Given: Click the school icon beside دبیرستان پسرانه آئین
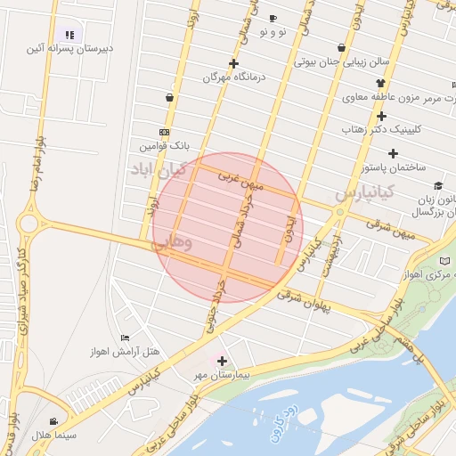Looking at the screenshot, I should click(70, 35).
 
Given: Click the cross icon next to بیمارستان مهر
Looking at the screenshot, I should click(222, 361).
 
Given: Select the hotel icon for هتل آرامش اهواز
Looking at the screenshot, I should click(125, 338).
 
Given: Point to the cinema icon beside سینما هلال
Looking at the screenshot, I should click(53, 421).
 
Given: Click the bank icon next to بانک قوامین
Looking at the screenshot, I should click(164, 131).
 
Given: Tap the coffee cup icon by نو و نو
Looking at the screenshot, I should click(273, 18).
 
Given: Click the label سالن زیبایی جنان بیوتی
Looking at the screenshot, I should click(342, 62).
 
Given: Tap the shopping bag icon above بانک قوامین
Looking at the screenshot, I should click(169, 97).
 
